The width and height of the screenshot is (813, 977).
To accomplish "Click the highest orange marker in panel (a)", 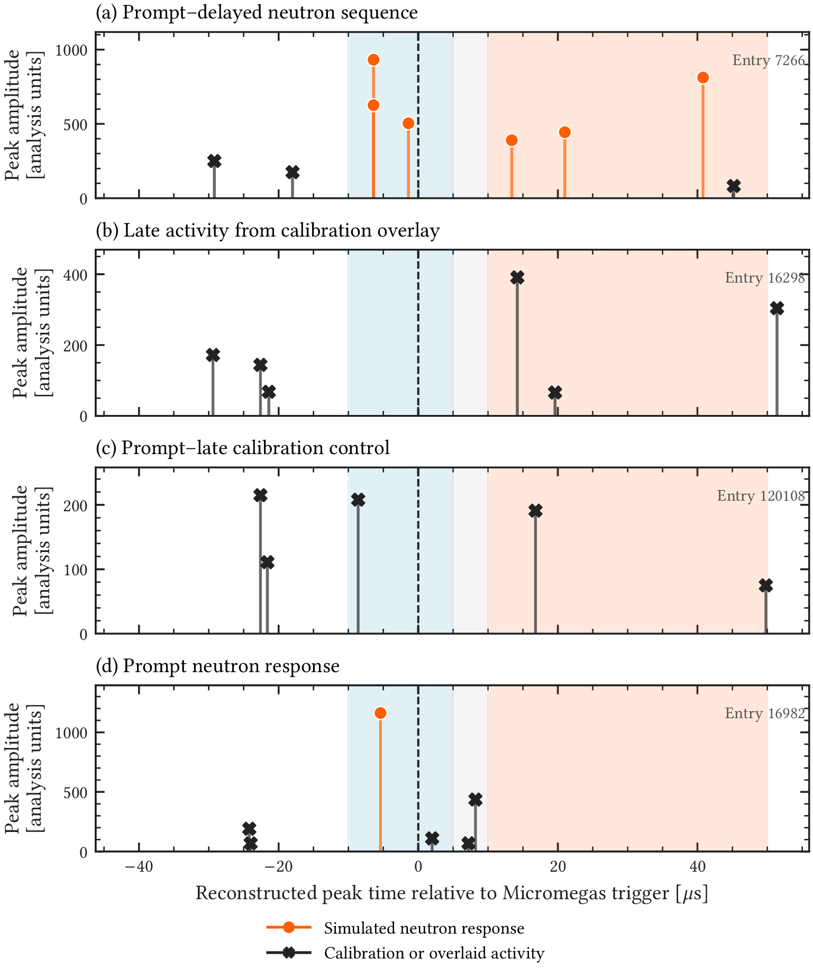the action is tap(373, 60).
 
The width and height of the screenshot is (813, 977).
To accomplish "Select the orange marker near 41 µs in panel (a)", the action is tap(703, 78).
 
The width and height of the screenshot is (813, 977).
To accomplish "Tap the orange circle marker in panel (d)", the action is tap(380, 713).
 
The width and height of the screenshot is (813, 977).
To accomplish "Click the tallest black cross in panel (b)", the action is tap(517, 277).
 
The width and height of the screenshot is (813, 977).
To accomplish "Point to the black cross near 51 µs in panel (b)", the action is tap(777, 309).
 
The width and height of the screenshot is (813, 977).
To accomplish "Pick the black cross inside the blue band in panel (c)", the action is tap(358, 500).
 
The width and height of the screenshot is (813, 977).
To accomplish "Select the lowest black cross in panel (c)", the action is tap(765, 585).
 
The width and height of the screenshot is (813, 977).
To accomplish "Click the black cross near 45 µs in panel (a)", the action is tap(733, 186).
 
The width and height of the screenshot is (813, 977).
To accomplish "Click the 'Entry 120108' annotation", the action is tap(761, 496).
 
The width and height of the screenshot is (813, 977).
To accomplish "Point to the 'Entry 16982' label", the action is tap(764, 713).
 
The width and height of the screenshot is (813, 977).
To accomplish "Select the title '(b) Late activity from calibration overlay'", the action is tap(268, 231).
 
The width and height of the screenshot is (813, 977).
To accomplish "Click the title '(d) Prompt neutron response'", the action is tap(217, 666).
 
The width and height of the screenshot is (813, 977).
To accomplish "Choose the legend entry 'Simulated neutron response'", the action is tap(424, 928).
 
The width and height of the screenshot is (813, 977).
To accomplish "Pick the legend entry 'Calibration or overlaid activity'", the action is tap(434, 953).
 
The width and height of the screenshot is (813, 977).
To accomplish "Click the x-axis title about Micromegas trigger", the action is tap(452, 893).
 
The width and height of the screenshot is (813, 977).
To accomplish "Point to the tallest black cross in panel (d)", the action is tap(476, 800).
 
